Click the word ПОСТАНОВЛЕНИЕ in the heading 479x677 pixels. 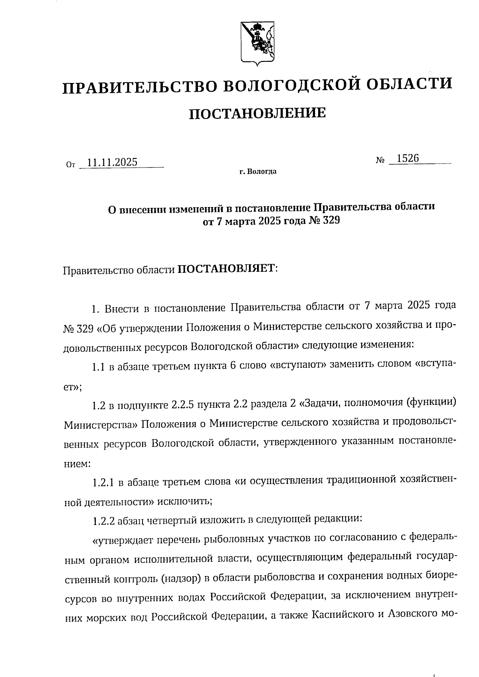tap(257, 114)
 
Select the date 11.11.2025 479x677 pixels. tap(112, 162)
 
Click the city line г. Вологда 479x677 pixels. tap(258, 172)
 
